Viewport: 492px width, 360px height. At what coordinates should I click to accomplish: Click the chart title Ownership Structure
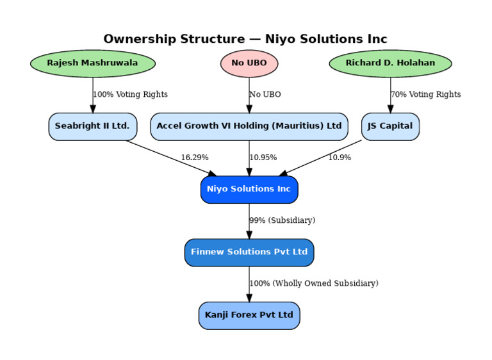pos(245,39)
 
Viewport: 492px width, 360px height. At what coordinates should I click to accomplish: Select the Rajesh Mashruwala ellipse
pos(92,63)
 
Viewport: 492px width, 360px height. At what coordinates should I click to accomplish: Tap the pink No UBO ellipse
pos(249,63)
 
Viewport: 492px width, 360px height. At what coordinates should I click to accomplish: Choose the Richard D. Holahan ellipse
pos(390,63)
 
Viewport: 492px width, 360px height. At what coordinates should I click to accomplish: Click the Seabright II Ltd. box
pos(92,126)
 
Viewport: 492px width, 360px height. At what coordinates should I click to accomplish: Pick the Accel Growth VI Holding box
pos(249,126)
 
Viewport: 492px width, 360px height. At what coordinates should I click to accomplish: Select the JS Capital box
pos(390,126)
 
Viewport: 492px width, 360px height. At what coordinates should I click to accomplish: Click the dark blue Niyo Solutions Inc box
pos(249,190)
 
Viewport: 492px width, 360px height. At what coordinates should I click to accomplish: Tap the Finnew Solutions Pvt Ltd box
pos(249,252)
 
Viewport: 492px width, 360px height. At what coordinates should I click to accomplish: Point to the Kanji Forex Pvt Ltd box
pos(249,315)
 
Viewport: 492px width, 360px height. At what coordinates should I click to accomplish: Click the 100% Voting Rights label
pos(131,95)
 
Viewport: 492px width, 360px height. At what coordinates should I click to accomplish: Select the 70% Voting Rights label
pos(426,95)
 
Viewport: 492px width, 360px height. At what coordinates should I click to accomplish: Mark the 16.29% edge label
pos(195,158)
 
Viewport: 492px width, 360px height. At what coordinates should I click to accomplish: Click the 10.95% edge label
pos(263,158)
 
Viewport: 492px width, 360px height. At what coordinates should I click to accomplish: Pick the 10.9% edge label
pos(340,158)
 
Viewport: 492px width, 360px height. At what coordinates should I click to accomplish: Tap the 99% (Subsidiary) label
pos(283,220)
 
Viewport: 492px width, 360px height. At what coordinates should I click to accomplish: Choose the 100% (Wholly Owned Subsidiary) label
pos(314,283)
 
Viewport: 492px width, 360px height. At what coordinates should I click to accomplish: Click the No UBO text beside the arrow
pos(265,95)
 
